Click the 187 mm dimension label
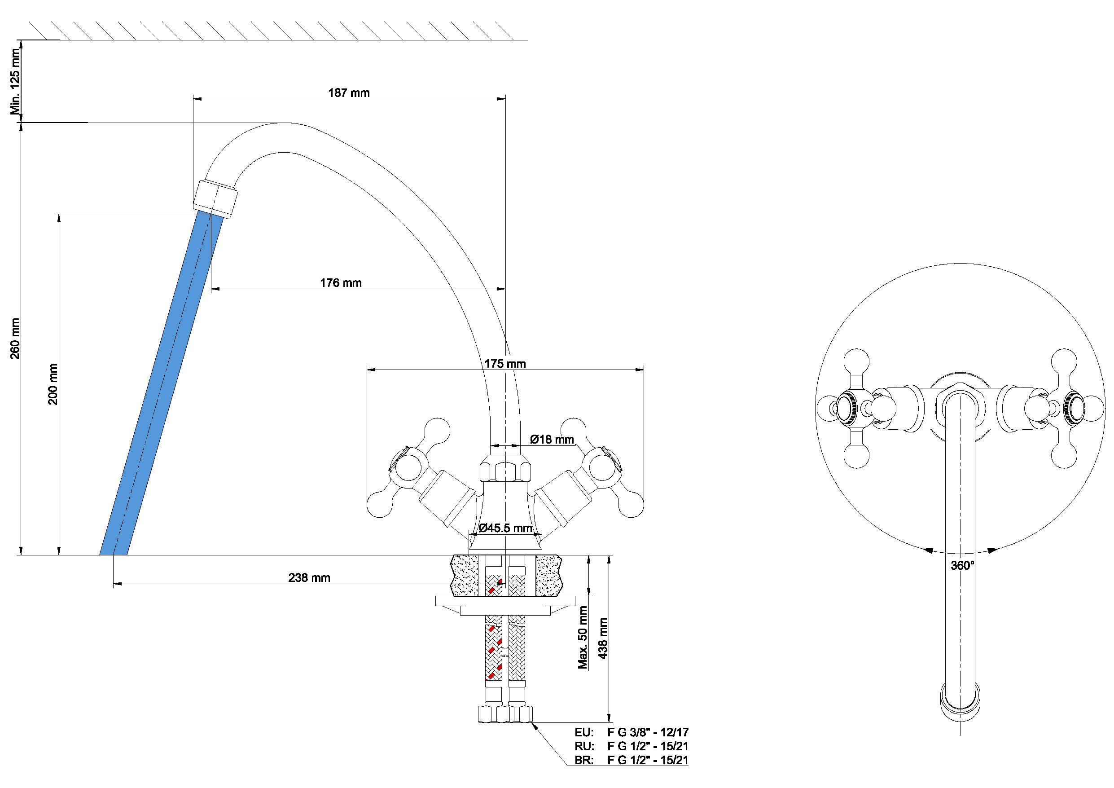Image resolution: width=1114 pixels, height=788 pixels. [x=349, y=93]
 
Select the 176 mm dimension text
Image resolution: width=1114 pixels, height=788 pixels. [x=341, y=282]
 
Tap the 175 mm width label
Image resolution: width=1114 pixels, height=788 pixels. [x=504, y=364]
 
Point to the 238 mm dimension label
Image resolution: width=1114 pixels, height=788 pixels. [x=309, y=578]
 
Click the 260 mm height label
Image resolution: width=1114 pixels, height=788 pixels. [x=15, y=339]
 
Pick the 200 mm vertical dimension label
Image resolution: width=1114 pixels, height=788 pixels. [x=53, y=384]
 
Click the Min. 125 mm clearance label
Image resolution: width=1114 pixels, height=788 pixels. [x=15, y=82]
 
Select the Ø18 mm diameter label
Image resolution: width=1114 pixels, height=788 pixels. [x=552, y=440]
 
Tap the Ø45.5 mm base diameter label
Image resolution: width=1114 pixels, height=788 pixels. [x=505, y=528]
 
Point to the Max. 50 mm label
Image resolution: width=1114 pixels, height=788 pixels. [x=583, y=638]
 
